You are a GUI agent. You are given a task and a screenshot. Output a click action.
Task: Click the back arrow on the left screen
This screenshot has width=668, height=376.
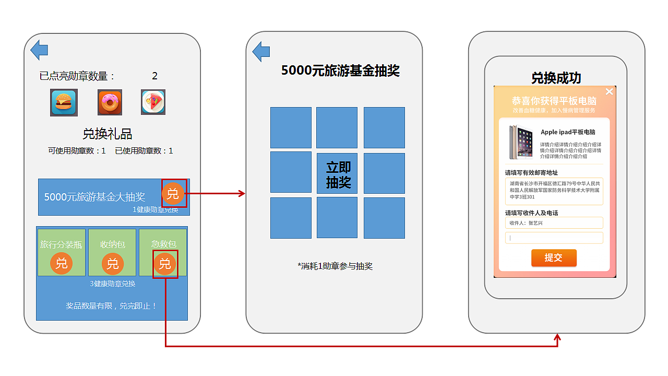tap(39, 50)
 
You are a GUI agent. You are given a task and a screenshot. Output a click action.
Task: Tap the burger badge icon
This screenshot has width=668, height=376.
tap(64, 102)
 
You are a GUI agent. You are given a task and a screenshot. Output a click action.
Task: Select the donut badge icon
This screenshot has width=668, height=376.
tap(110, 102)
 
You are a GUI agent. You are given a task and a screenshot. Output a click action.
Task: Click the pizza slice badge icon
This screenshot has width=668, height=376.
tap(153, 102)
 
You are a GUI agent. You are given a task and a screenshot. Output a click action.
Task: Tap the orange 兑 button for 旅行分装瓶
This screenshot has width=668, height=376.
tap(62, 263)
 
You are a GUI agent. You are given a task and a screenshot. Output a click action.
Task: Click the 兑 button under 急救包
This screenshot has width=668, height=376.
tap(165, 264)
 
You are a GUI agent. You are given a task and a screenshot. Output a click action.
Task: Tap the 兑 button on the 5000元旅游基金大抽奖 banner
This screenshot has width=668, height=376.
tap(173, 194)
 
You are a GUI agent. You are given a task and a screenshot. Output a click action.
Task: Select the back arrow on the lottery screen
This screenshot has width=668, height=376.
tap(261, 52)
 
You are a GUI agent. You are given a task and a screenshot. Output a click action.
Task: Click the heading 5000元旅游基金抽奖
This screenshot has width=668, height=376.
tap(340, 71)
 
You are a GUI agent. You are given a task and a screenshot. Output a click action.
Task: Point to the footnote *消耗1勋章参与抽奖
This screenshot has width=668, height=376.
tap(335, 266)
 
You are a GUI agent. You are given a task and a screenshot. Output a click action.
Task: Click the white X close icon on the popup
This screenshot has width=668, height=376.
tap(609, 92)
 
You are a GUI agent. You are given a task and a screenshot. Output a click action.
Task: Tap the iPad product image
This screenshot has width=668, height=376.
tap(521, 142)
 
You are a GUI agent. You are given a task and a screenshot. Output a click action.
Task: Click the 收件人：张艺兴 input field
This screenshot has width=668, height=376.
tap(554, 223)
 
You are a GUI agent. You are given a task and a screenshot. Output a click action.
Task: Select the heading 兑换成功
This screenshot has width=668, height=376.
tap(556, 78)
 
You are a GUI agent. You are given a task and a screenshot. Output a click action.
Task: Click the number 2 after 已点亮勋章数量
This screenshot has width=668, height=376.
tap(154, 76)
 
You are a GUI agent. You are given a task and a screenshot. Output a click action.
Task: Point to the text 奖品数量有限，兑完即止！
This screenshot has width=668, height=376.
tap(112, 306)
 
